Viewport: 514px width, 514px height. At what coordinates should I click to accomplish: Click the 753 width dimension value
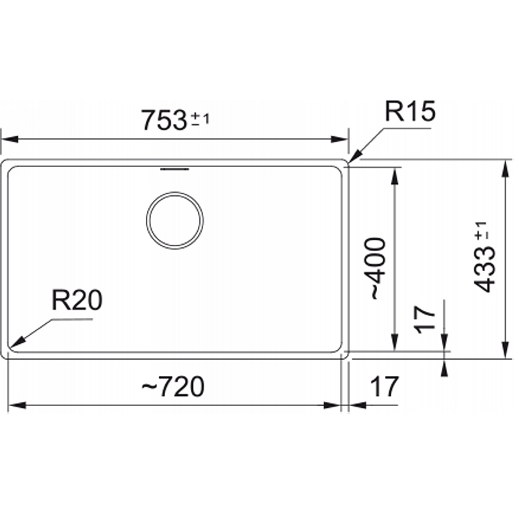click(x=164, y=120)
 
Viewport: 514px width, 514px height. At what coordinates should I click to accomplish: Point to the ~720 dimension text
click(x=173, y=387)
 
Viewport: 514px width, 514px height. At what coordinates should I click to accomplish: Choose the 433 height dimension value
click(x=485, y=270)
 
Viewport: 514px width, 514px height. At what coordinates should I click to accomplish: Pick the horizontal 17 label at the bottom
click(x=384, y=387)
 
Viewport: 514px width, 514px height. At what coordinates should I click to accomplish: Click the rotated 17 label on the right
click(x=425, y=319)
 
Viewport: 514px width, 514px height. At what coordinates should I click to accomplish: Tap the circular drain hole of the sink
click(x=175, y=220)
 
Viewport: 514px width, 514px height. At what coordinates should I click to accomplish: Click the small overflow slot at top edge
click(x=175, y=169)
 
